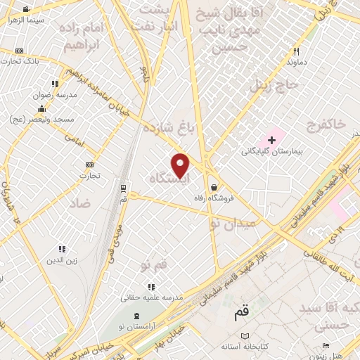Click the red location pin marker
(x=181, y=166)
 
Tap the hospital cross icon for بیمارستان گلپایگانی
(x=272, y=140)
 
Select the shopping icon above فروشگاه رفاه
(x=213, y=187)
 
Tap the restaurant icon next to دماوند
(x=296, y=51)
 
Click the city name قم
(x=241, y=314)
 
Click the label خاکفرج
(x=326, y=124)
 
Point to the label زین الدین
(x=60, y=261)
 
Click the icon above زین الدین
(x=62, y=249)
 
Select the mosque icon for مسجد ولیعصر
(x=42, y=108)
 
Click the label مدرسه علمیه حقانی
(x=151, y=297)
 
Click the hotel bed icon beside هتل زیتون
(x=325, y=345)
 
